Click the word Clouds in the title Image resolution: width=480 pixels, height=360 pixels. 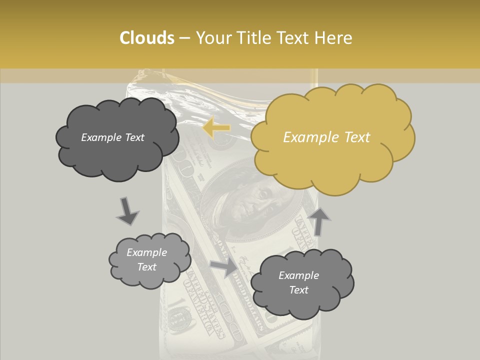(147, 38)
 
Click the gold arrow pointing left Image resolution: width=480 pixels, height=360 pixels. (216, 128)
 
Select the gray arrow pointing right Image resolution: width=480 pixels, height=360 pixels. (224, 266)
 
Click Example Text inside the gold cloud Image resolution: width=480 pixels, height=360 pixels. (326, 137)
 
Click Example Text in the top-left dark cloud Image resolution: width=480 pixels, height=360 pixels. (112, 137)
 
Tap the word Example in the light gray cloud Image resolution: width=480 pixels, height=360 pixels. (146, 252)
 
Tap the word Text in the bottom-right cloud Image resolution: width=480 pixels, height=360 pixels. (298, 290)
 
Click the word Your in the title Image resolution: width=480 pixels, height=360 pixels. (211, 38)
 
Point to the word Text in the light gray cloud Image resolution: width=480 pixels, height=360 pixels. (146, 267)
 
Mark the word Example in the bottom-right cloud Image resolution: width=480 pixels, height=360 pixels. (298, 275)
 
